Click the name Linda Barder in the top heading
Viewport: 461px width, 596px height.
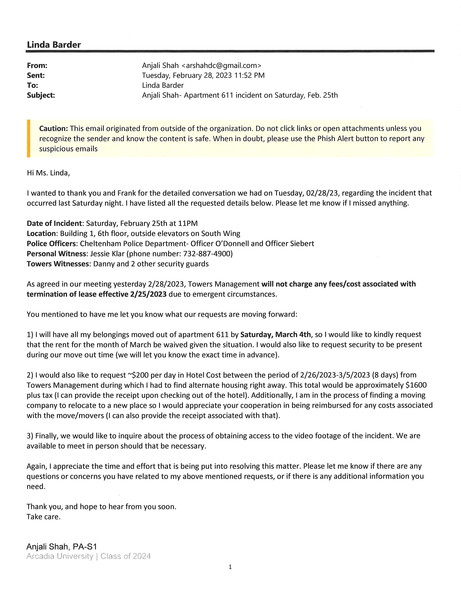click(54, 45)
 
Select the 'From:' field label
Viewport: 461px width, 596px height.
click(37, 66)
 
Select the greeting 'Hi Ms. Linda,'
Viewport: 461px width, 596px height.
click(48, 173)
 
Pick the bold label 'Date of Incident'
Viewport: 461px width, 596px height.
click(54, 224)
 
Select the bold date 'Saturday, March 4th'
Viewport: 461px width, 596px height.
click(275, 334)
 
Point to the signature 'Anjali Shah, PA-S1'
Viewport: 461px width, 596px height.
click(62, 547)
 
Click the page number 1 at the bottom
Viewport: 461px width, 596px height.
click(230, 567)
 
